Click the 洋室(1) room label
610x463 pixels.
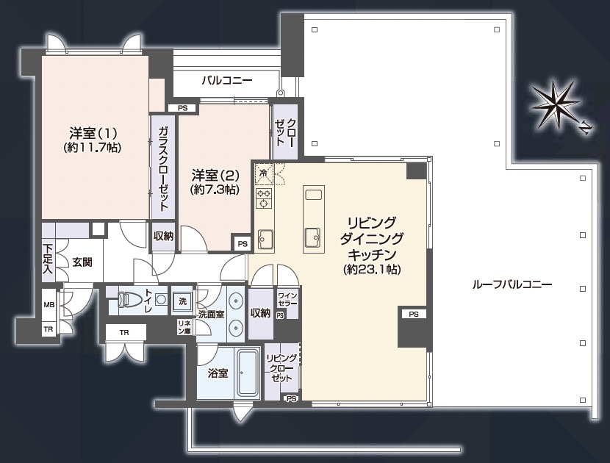pos(93,134)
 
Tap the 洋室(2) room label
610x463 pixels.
pos(215,176)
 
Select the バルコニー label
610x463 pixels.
pos(227,81)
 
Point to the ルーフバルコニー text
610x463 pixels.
pos(512,284)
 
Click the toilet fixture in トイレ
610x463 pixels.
pos(129,300)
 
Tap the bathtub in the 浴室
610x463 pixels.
pos(248,373)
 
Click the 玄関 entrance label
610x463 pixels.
pos(82,262)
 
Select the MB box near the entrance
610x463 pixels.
pos(49,305)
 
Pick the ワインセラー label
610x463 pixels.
pos(287,300)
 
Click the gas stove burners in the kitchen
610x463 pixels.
pos(264,198)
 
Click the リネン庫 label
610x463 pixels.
pos(184,327)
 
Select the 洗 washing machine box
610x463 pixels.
pos(182,301)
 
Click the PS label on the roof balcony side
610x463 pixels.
pos(413,314)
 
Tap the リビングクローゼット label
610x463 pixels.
pos(281,368)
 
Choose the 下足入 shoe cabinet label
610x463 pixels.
pos(48,259)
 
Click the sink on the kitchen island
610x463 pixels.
pos(313,237)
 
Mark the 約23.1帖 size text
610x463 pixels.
pos(372,269)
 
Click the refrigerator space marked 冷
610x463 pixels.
pos(264,173)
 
